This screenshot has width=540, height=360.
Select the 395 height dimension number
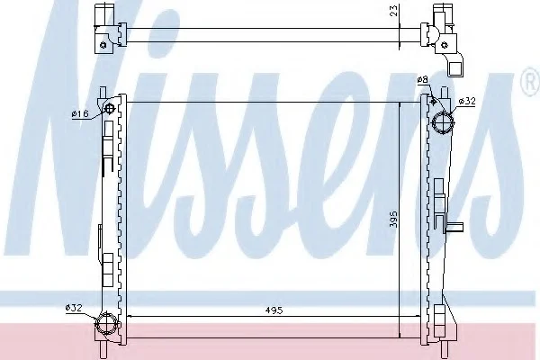[393, 219]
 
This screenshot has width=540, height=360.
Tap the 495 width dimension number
[274, 310]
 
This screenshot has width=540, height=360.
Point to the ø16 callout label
[80, 113]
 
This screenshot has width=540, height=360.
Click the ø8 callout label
[422, 80]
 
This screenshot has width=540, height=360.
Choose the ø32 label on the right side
[467, 101]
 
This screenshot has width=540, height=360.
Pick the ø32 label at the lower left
[74, 308]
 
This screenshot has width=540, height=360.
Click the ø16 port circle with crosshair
[110, 109]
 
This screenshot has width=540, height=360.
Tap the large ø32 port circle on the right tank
[443, 123]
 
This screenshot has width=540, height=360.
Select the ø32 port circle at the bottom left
[107, 323]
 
